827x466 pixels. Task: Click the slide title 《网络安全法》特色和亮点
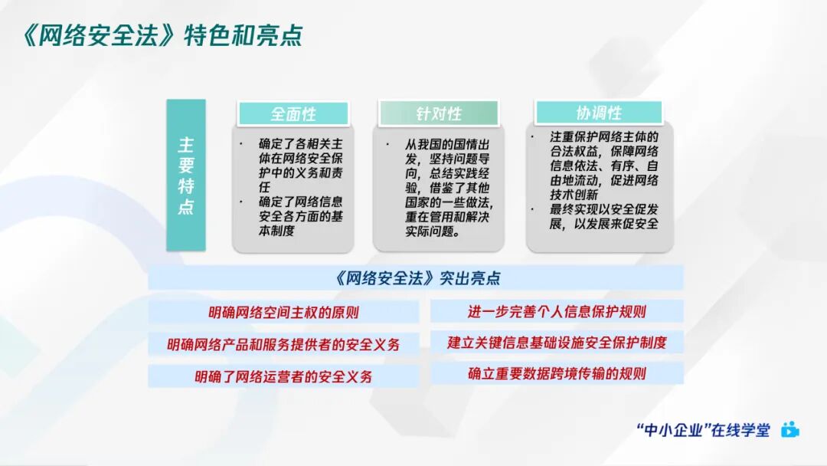pos(162,34)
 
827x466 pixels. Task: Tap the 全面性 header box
pos(293,113)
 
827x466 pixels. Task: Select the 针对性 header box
pos(439,113)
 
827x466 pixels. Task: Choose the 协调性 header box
pos(599,113)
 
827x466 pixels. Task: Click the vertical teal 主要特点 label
pos(186,176)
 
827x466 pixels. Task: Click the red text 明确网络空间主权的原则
pos(283,312)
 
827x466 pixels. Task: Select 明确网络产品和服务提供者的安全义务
pos(283,344)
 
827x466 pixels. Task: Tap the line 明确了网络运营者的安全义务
pos(283,376)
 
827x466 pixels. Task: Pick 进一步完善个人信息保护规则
pos(557,312)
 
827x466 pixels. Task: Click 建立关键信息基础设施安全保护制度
pos(557,343)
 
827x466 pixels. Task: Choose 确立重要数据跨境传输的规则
pos(557,374)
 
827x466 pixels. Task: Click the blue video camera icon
pos(789,430)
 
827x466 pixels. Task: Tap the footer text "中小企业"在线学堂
pos(703,430)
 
